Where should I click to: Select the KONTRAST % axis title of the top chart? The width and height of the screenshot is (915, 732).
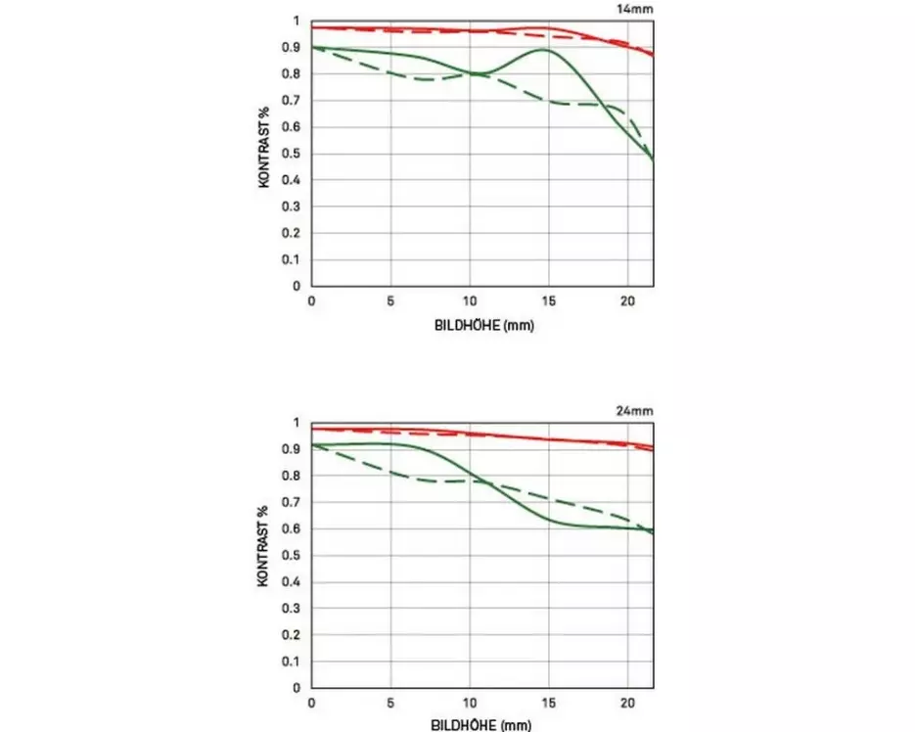(x=264, y=154)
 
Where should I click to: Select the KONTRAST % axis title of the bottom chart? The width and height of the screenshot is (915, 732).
(x=264, y=555)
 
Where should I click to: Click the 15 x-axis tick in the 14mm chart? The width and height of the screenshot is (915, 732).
(x=549, y=301)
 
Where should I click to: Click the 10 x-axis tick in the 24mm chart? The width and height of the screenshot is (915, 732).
(x=470, y=704)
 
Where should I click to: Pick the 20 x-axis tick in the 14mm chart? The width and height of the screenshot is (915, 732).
(x=628, y=301)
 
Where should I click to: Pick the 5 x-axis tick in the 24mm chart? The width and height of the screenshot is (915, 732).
(x=390, y=704)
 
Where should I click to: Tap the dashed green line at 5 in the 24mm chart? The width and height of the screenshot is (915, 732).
(x=390, y=473)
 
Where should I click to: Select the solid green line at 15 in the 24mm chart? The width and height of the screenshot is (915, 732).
(x=549, y=518)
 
